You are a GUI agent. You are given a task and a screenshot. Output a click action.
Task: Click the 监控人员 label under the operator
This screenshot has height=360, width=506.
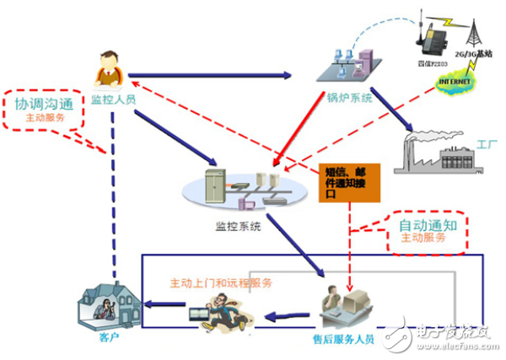click(114, 100)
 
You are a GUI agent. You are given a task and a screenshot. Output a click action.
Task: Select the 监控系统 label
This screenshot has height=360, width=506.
click(239, 225)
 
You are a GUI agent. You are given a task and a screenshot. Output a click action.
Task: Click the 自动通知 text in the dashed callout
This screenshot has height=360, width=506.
click(427, 225)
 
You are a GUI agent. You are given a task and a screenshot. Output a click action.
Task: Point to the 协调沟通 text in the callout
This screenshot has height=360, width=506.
click(45, 105)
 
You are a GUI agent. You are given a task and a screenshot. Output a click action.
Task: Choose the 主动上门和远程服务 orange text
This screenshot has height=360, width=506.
click(221, 283)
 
